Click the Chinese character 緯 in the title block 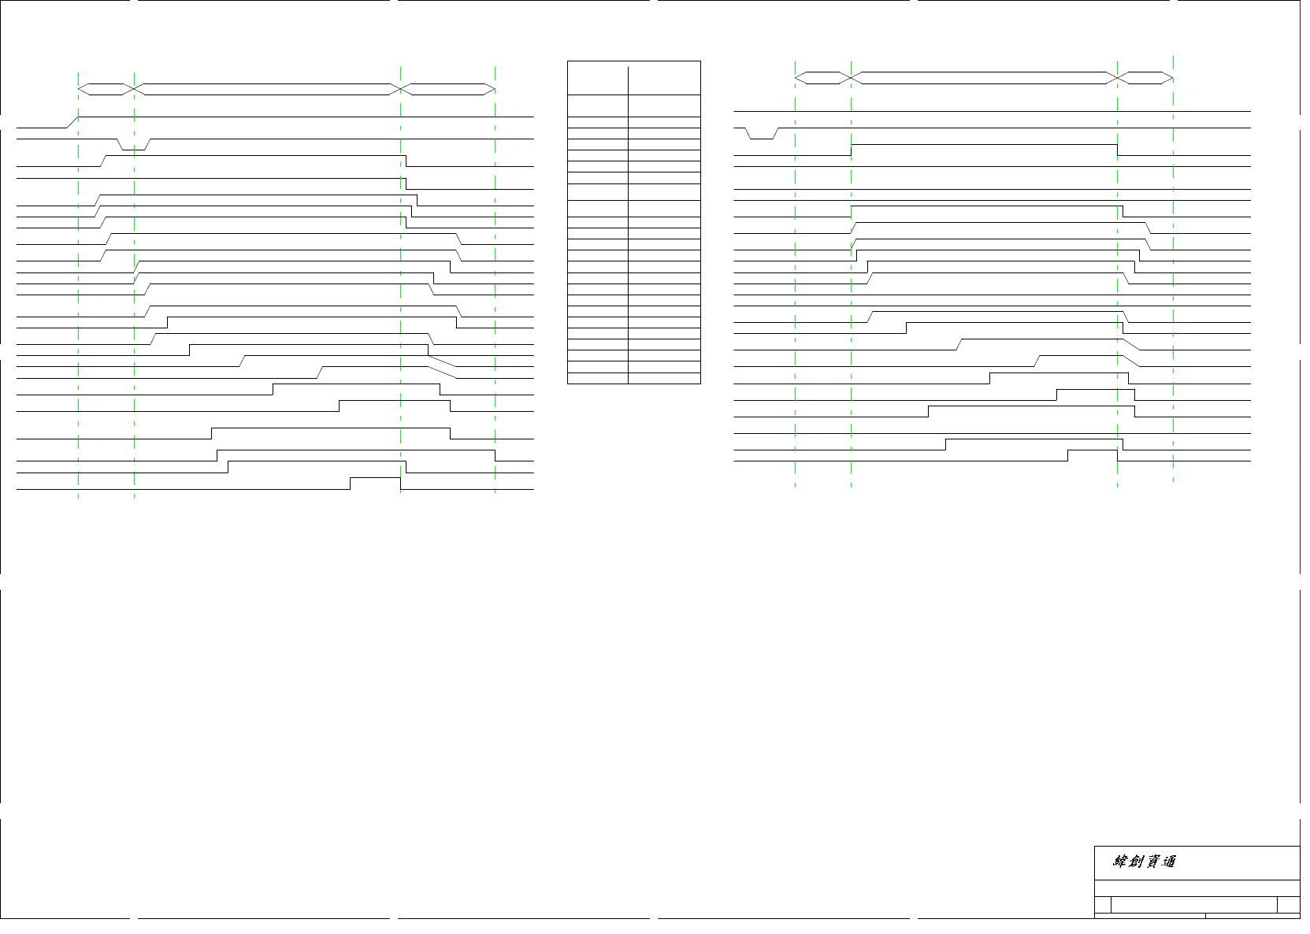click(x=1120, y=862)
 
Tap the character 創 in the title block click(x=1136, y=862)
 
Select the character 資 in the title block click(x=1152, y=862)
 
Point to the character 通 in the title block click(x=1169, y=862)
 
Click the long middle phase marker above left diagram click(x=268, y=89)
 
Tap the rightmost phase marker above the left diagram click(x=448, y=89)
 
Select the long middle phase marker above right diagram click(x=985, y=78)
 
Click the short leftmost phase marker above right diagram click(x=823, y=78)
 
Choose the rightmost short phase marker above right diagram click(x=1145, y=78)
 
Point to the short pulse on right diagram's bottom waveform click(x=1092, y=455)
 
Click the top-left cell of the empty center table click(x=597, y=78)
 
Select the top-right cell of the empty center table click(x=664, y=78)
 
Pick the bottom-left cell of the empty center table click(x=597, y=378)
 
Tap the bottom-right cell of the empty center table click(x=664, y=378)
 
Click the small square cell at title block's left click(x=1103, y=905)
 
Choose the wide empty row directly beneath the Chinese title click(x=1197, y=888)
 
